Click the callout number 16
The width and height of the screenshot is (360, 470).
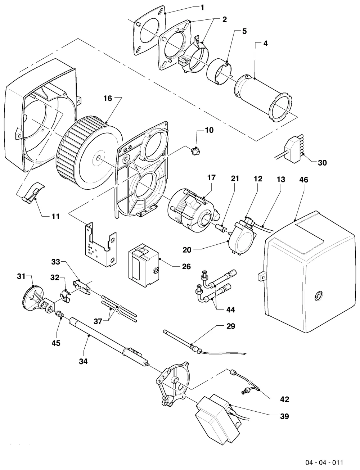pos(108,98)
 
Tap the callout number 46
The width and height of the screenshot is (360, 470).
pos(304,180)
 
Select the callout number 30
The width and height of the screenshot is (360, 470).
pos(322,163)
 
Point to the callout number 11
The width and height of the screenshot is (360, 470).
pos(56,216)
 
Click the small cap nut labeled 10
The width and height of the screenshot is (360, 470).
pos(195,150)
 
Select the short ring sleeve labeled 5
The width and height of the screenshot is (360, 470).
pos(219,71)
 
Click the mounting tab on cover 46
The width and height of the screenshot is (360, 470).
pos(261,277)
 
